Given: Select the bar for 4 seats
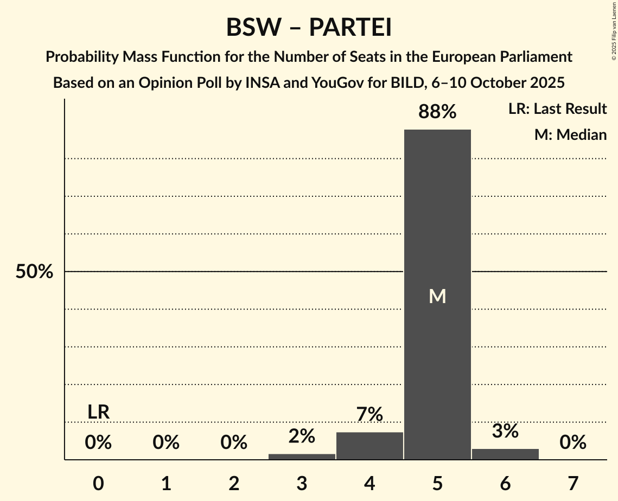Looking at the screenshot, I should click(x=369, y=446).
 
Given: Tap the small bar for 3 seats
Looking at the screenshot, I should click(x=302, y=457).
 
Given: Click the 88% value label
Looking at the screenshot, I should click(x=437, y=112).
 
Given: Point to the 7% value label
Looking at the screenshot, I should click(x=369, y=415).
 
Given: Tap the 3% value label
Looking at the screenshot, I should click(x=505, y=432).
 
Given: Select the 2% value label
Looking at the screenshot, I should click(x=302, y=436).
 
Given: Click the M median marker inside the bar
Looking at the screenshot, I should click(x=437, y=296).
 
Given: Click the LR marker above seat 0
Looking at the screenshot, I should click(x=98, y=412).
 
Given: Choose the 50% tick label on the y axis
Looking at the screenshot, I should click(x=34, y=272).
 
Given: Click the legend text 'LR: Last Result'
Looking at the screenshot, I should click(x=557, y=109).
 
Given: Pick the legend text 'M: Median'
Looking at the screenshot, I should click(x=570, y=134).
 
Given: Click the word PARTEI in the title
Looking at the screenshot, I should click(x=350, y=28).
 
